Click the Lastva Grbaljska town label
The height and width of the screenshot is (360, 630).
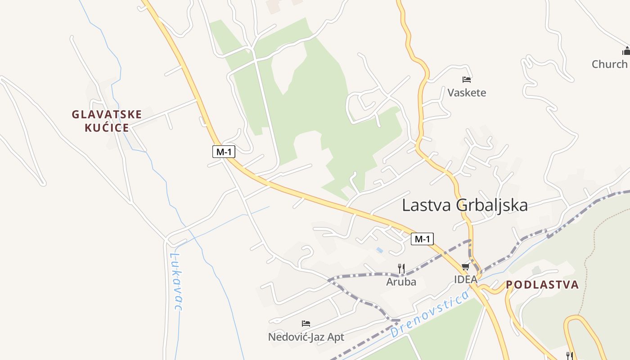point(464,205)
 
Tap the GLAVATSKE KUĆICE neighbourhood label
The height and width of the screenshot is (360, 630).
point(107,121)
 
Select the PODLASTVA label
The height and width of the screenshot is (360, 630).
point(542,285)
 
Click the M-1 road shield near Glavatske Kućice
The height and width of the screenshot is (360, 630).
point(224,152)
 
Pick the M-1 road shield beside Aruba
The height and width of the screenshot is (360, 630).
point(422,239)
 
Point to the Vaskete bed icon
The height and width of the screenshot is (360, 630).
point(467,80)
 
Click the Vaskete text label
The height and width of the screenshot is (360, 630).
point(467,93)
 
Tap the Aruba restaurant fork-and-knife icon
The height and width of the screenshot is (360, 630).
point(401,269)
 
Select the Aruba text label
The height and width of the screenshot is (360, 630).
point(401,282)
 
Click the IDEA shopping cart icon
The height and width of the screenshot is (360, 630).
point(465,266)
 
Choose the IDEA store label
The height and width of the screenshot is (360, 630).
point(465,279)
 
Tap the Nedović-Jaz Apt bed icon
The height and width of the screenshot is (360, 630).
point(306,324)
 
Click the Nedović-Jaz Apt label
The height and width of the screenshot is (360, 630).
point(306,337)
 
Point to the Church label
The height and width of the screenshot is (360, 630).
point(609,64)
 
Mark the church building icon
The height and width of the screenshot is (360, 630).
point(626,50)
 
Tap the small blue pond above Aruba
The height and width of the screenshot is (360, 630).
point(380,250)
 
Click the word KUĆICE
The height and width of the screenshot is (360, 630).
point(107,128)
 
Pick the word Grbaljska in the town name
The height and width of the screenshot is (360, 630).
point(492,205)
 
